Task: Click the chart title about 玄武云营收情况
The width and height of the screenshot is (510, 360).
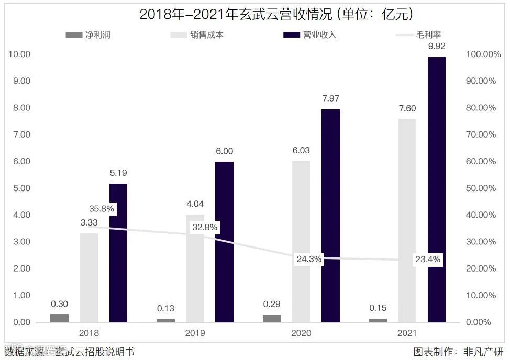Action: [x=276, y=14]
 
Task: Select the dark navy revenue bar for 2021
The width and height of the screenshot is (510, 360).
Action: [x=437, y=189]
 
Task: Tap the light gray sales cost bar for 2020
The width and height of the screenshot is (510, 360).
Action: [x=301, y=241]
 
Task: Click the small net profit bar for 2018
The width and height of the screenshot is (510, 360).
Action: [x=59, y=318]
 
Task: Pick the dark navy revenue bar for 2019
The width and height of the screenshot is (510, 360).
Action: [x=224, y=242]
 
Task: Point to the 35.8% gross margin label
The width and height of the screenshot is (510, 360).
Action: [x=102, y=208]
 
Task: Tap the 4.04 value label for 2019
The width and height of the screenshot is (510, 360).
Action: [x=195, y=204]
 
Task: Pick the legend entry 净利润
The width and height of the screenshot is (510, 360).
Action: [x=97, y=35]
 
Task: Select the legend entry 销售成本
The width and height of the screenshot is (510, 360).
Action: [x=207, y=35]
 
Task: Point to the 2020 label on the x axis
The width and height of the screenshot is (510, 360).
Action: [x=301, y=333]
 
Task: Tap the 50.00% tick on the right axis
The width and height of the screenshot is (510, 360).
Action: [x=481, y=188]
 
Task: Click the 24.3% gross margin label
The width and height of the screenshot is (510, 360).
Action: [x=308, y=259]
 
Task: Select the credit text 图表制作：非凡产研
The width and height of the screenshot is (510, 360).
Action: [x=458, y=352]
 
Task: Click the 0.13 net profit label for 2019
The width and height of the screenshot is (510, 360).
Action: [x=165, y=308]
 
